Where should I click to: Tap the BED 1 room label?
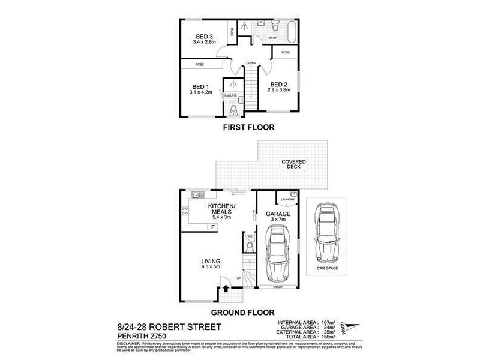(200, 86)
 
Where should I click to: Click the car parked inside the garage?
(277, 257)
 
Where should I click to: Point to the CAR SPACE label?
(327, 268)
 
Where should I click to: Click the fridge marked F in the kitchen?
(212, 227)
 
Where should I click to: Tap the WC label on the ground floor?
(250, 236)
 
